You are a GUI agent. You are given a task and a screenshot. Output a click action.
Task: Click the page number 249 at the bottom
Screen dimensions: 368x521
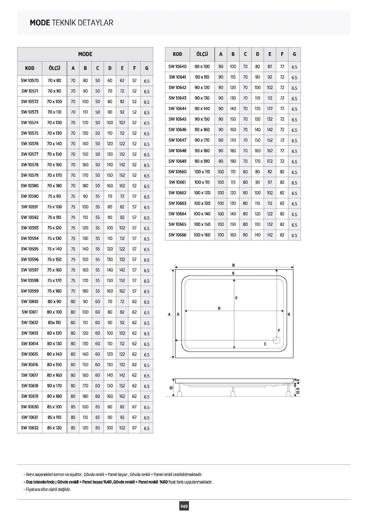coord(184,506)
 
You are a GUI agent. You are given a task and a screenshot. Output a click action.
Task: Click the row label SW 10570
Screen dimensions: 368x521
coord(30,81)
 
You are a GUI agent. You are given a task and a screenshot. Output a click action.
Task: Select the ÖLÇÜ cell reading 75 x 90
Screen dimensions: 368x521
coord(54,196)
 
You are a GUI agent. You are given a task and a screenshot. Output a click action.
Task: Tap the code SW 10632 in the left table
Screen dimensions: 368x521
coord(30,428)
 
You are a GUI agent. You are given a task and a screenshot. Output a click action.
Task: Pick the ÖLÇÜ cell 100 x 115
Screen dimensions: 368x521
coord(202,182)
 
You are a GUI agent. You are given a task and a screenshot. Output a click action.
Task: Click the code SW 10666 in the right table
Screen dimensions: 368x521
coord(177,235)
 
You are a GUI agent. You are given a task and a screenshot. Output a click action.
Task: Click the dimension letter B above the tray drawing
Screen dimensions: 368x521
coord(234,265)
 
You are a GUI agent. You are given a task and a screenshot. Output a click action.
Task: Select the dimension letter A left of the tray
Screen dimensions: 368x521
coord(169,314)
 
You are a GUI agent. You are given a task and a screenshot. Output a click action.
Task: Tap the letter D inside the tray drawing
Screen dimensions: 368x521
coord(219,308)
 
